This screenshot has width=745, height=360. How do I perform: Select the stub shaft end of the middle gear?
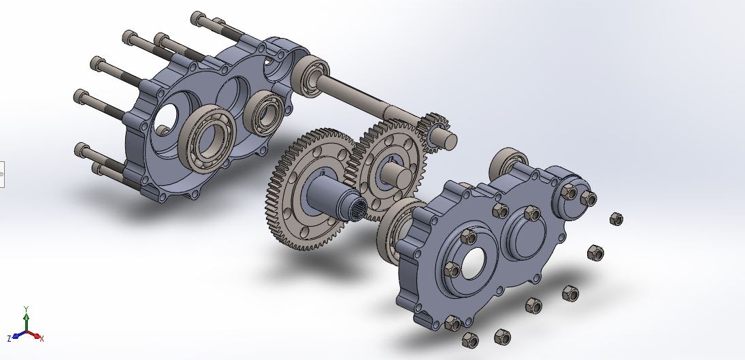coord(400,176)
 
